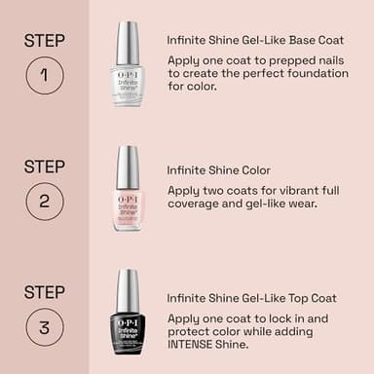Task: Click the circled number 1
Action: click(x=45, y=75)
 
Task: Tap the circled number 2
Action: click(x=45, y=201)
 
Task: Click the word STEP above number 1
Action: click(x=45, y=40)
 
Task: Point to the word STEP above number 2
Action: click(x=45, y=166)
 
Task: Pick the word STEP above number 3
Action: click(x=45, y=291)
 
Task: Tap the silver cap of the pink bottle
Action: click(x=128, y=167)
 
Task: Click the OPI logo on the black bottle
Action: click(x=128, y=321)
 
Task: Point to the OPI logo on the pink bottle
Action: click(x=128, y=198)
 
